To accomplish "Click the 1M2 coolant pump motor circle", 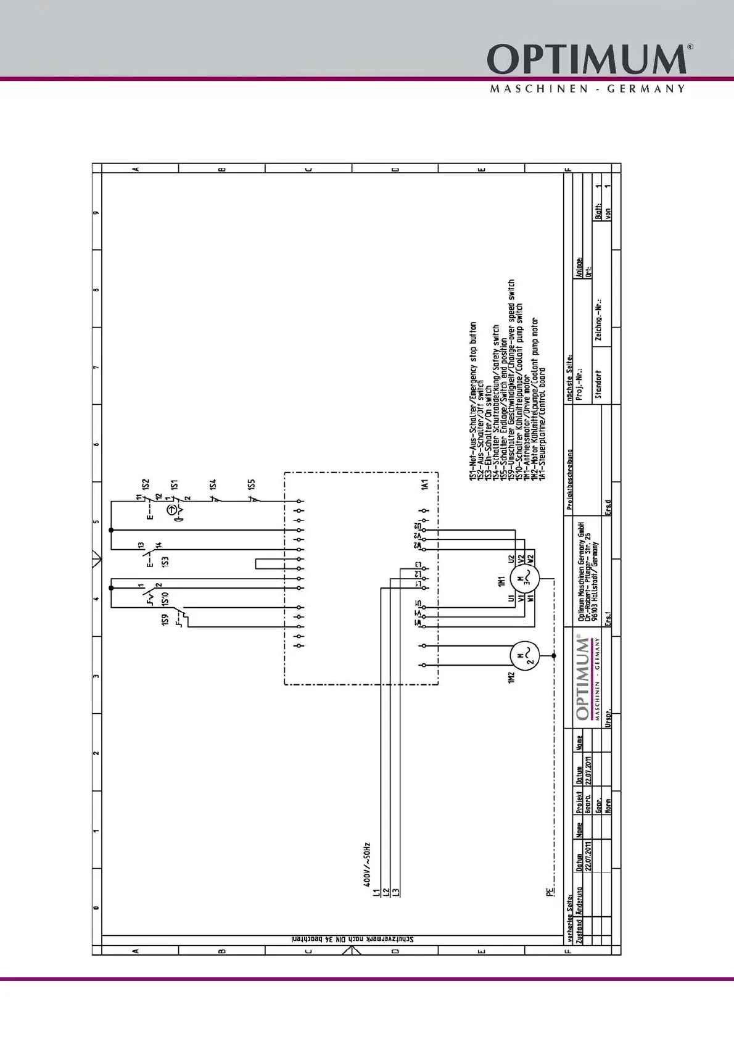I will point(524,656).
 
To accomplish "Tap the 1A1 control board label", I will point(424,486).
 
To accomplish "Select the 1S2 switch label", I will point(146,485).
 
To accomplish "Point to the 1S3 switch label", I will point(165,561).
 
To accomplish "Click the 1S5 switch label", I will point(251,485).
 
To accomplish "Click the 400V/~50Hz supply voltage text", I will point(367,864).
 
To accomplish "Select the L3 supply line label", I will point(397,892).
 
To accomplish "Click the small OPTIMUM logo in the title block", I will point(583,677).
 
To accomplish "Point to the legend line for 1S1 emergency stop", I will point(474,401).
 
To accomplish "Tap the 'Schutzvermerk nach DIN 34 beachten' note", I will point(353,939).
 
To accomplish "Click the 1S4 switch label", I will point(213,485).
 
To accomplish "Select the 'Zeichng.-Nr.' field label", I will point(598,320).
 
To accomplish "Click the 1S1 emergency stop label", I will point(175,485).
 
